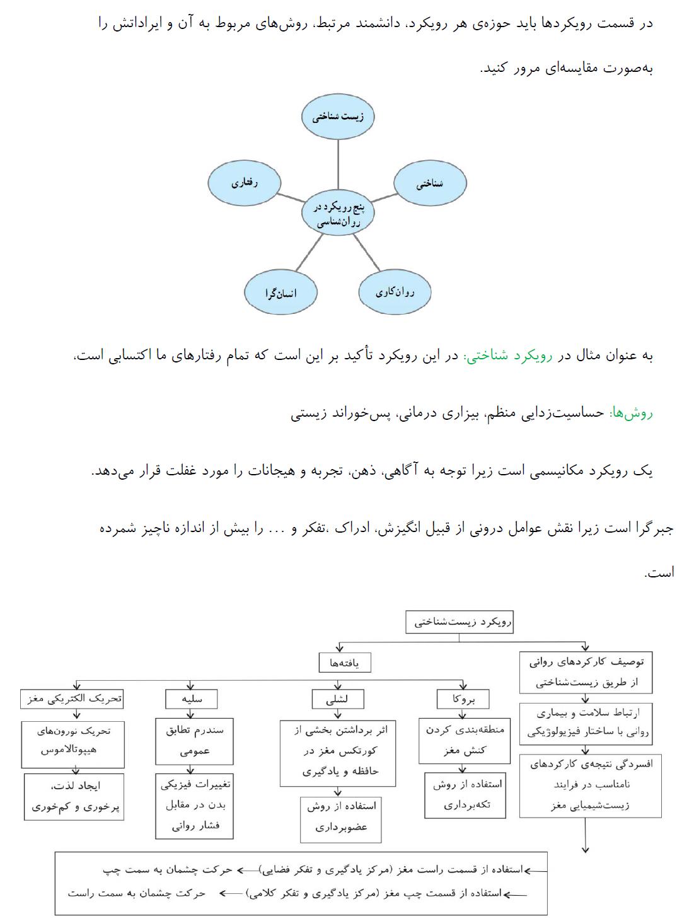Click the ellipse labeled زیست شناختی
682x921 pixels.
coord(338,117)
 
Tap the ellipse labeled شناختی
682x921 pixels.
coord(430,183)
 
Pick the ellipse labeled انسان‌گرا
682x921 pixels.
coord(280,293)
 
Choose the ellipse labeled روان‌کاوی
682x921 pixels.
coord(395,292)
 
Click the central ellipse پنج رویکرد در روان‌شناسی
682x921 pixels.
coord(338,214)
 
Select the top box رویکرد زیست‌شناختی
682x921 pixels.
coord(459,622)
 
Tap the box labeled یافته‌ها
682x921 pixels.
coord(344,663)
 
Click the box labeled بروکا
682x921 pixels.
coord(463,699)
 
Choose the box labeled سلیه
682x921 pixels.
coord(192,699)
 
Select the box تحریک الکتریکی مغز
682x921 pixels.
coord(72,699)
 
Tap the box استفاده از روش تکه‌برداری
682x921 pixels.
coord(465,795)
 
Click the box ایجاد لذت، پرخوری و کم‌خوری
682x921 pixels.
coord(74,797)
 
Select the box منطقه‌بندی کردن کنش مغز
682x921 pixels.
coord(463,740)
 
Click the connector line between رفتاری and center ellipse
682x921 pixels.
coord(290,199)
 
